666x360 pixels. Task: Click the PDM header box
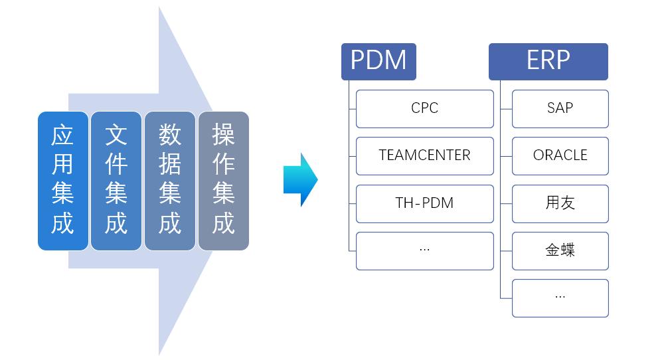tap(378, 61)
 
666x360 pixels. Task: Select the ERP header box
tap(548, 61)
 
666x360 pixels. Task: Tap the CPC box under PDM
tap(425, 108)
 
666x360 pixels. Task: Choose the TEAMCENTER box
tap(425, 155)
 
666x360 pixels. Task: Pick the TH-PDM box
tap(425, 203)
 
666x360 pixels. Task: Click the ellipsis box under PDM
tap(425, 250)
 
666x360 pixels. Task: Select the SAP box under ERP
tap(560, 108)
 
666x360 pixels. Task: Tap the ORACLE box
tap(560, 155)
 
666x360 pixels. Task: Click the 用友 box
tap(560, 203)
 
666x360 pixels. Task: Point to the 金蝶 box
tap(560, 250)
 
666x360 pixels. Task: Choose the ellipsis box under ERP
tap(560, 298)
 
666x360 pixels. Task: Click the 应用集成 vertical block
tap(62, 181)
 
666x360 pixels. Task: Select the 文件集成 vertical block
tap(116, 181)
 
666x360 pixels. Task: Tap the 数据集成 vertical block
tap(170, 181)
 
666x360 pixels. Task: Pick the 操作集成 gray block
tap(224, 181)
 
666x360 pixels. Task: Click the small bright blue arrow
tap(300, 180)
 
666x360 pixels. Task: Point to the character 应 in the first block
tap(62, 135)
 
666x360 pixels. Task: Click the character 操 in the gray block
tap(224, 135)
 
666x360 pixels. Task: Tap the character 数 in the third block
tap(170, 135)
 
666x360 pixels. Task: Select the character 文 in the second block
tap(116, 135)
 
